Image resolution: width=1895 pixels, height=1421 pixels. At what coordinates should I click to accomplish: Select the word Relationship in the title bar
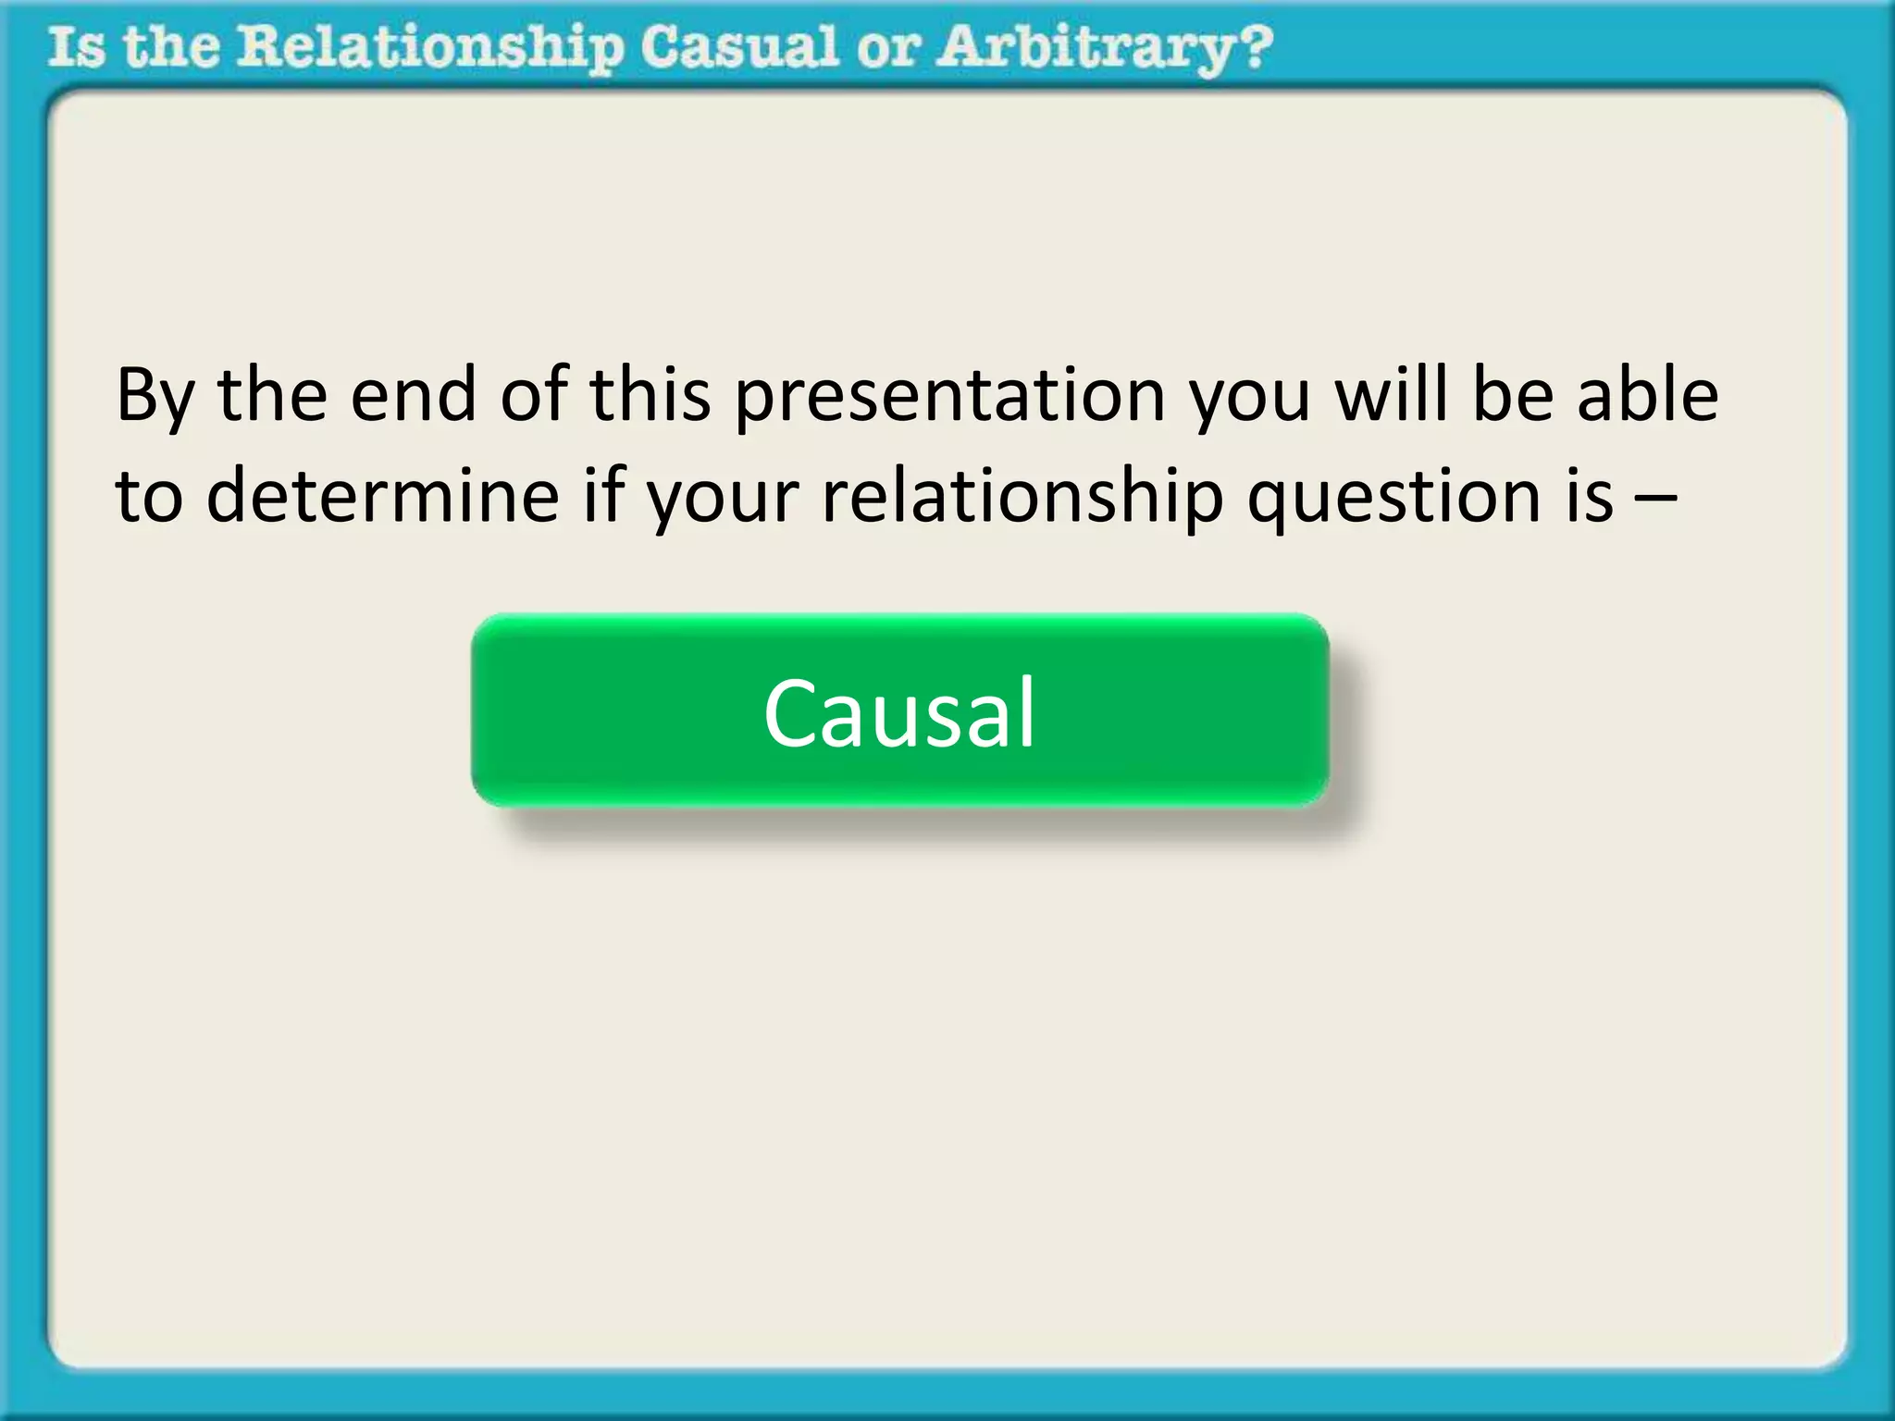tap(429, 48)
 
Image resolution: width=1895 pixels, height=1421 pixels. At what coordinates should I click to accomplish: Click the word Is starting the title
tap(77, 48)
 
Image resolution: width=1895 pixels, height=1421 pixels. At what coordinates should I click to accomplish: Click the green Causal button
tap(899, 710)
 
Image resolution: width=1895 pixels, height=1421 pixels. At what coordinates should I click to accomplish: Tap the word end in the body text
tap(414, 396)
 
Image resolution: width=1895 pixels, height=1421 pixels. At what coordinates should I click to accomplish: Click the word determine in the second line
tap(382, 496)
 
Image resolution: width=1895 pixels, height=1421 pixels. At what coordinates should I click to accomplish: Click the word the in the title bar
tap(171, 48)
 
